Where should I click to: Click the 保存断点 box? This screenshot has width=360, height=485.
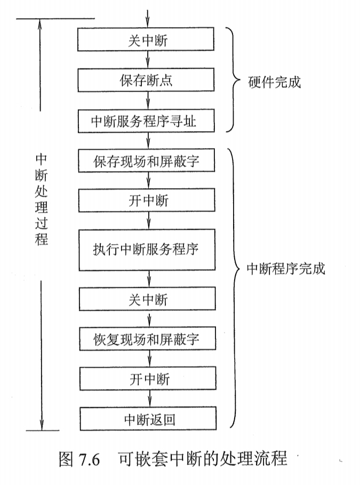point(146,80)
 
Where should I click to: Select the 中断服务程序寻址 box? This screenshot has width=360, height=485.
point(146,122)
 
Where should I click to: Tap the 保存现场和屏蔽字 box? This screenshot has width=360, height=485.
point(147,161)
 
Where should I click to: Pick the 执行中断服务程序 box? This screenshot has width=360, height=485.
point(147,249)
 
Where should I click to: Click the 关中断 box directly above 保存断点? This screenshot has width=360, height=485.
point(146,39)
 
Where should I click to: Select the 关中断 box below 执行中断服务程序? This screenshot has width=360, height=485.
point(148,298)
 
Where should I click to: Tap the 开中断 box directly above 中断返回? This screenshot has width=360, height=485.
point(149,379)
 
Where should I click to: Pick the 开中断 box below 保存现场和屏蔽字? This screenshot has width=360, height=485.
point(147,200)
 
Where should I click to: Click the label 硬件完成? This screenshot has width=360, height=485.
point(275,82)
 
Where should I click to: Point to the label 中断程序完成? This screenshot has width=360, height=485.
point(285,269)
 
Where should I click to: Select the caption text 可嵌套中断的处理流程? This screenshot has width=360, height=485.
point(203,458)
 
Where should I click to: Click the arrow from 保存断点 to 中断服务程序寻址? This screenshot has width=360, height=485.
point(147,100)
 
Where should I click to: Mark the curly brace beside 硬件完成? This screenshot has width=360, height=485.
point(233,80)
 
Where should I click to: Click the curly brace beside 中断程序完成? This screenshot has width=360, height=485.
point(233,288)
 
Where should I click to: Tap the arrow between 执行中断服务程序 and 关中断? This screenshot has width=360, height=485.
point(148,279)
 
